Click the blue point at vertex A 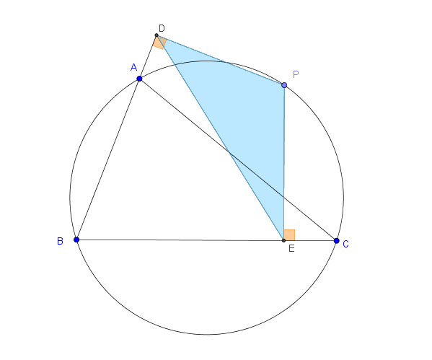point(139,79)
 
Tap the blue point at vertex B point(76,240)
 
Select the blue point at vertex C point(336,241)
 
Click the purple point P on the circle point(284,85)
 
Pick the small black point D point(157,35)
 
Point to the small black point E point(283,241)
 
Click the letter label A point(133,67)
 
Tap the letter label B point(60,241)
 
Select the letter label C point(345,244)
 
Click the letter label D point(162,28)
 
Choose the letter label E point(291,249)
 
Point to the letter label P point(296,74)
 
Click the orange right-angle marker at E point(289,235)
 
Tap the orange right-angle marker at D point(160,43)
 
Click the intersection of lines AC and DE point(229,152)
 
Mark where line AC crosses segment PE point(283,197)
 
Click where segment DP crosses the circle point(225,62)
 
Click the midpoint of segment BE point(180,240)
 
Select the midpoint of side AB point(108,159)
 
